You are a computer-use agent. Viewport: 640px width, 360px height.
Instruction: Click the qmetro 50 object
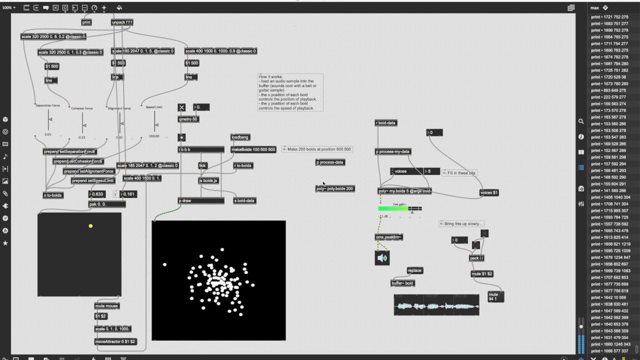[x=188, y=119]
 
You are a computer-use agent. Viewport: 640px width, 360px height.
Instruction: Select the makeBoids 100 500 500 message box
[x=253, y=149]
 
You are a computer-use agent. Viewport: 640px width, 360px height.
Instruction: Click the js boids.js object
[x=208, y=180]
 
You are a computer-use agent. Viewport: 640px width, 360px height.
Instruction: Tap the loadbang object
[x=240, y=137]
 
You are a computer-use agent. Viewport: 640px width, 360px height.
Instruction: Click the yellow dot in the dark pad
[x=90, y=226]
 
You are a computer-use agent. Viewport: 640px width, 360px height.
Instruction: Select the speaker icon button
[x=382, y=258]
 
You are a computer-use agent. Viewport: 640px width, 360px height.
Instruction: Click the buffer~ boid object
[x=402, y=283]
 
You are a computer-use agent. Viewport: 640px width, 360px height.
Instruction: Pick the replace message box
[x=414, y=270]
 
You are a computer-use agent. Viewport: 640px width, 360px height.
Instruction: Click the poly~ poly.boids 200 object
[x=335, y=188]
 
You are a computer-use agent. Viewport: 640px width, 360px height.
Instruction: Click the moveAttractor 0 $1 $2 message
[x=115, y=341]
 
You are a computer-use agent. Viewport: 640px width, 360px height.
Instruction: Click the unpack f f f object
[x=122, y=22]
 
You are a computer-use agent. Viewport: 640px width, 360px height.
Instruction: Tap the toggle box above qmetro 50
[x=181, y=107]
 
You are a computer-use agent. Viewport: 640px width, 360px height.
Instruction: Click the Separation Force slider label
[x=47, y=105]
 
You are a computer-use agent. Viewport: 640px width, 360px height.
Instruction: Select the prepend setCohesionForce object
[x=78, y=161]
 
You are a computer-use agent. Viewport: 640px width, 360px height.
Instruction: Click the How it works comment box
[x=290, y=92]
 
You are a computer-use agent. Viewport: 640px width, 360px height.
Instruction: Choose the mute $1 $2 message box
[x=482, y=273]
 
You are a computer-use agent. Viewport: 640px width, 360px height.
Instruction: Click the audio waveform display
[x=436, y=304]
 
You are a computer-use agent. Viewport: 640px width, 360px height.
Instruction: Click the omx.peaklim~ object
[x=389, y=237]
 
